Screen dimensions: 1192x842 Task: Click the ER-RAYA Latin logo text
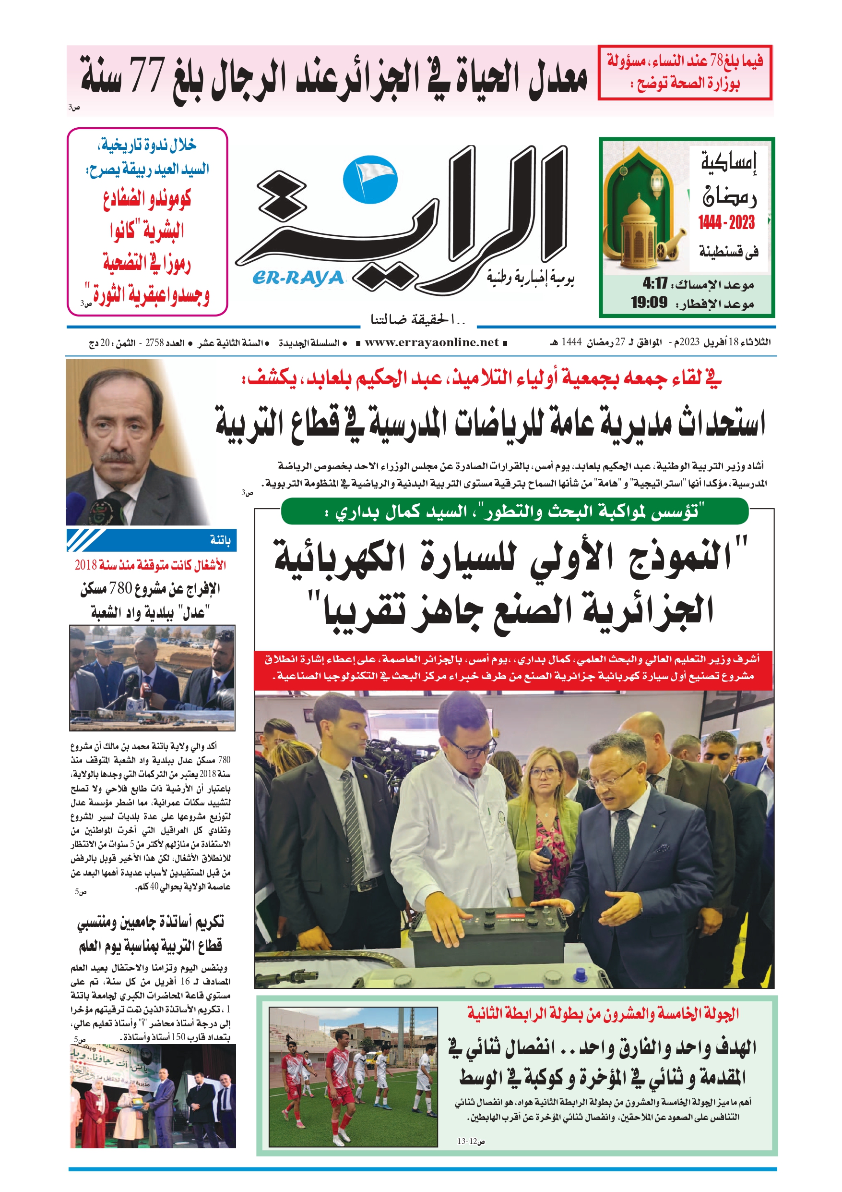coord(298,278)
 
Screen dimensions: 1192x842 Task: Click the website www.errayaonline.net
coord(432,342)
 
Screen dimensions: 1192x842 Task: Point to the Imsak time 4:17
coord(655,284)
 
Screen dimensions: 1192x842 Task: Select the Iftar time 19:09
coord(649,303)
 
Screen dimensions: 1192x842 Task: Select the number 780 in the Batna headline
coord(121,588)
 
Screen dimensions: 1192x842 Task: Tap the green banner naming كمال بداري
coord(514,511)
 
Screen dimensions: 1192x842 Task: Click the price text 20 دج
coord(99,343)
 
